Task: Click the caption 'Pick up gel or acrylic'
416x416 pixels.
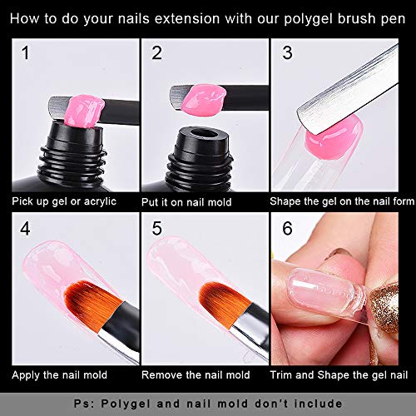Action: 63,201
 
